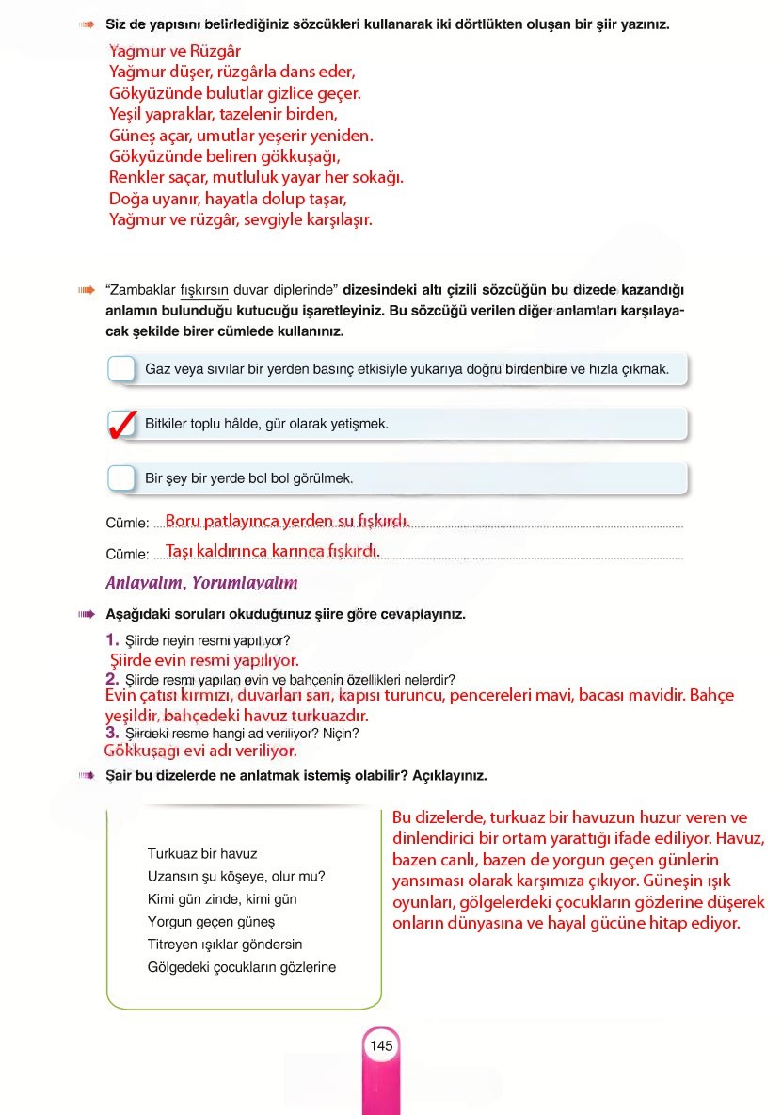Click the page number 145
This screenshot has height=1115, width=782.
pos(381,1046)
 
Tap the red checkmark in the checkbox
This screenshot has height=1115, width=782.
pos(122,424)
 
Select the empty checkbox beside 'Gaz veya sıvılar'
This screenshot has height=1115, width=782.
pos(122,368)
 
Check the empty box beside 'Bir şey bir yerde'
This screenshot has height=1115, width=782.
pos(122,478)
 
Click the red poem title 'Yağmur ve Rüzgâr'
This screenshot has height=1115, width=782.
pos(174,51)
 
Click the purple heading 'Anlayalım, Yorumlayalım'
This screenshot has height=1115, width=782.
pos(201,583)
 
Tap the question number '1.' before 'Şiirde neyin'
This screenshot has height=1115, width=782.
pos(112,640)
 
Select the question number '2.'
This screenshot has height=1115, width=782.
pos(112,678)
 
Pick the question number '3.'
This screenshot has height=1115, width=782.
pos(112,732)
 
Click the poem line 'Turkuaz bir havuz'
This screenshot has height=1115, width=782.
pos(202,854)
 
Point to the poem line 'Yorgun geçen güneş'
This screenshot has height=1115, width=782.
pos(211,922)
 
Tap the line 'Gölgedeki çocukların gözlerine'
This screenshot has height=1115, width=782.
pos(241,967)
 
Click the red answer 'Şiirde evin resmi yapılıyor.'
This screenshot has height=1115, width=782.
pos(204,660)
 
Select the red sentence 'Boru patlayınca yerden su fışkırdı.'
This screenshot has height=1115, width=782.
pos(287,520)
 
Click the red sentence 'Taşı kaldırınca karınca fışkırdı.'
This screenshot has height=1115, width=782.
pos(272,550)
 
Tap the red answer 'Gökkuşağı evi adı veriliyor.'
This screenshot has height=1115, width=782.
pos(200,751)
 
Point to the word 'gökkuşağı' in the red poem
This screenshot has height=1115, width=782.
pos(292,156)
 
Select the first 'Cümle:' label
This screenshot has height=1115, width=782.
pos(128,524)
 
